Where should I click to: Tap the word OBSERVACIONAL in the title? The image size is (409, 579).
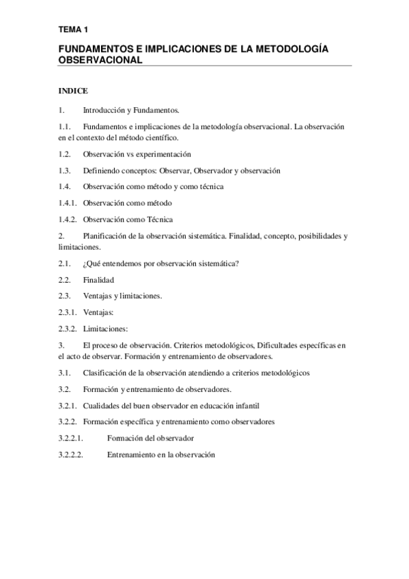click(x=100, y=59)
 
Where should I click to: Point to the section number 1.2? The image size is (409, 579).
click(x=65, y=154)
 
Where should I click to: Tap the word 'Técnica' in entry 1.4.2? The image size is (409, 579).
click(x=158, y=220)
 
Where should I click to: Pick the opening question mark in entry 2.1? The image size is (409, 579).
click(x=85, y=264)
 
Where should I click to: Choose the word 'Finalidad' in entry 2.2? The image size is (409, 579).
click(x=98, y=281)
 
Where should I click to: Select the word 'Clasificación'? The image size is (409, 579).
click(x=105, y=373)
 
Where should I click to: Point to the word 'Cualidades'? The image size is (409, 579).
click(x=102, y=406)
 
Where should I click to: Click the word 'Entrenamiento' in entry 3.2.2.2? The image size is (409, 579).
click(x=132, y=455)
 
